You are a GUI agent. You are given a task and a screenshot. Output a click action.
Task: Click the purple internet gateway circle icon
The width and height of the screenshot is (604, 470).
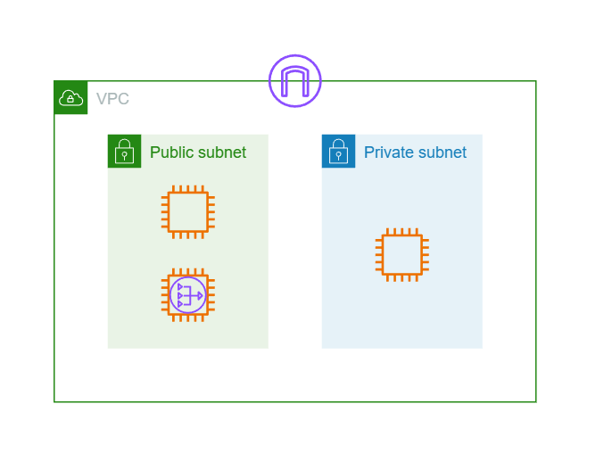[294, 55]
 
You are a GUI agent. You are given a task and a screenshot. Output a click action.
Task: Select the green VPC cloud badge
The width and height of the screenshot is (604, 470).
[70, 97]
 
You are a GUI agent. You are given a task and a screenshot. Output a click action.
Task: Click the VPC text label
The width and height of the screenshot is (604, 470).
[112, 98]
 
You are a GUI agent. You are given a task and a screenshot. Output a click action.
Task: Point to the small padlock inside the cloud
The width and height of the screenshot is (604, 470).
[70, 99]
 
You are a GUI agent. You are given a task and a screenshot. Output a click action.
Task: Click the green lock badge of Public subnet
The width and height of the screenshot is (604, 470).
[124, 151]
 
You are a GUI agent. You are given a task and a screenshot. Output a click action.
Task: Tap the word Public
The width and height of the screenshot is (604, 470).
[171, 153]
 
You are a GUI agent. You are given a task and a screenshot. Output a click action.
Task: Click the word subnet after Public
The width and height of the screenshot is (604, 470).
[221, 152]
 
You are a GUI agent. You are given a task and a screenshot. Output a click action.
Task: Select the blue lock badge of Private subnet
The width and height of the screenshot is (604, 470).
[339, 151]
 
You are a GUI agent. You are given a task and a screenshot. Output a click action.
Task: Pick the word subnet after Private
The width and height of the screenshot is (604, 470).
[443, 152]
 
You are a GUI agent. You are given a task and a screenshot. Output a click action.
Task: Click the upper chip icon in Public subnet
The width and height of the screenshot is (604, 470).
[188, 186]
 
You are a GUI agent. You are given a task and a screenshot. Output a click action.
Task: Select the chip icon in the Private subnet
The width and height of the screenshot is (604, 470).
[402, 229]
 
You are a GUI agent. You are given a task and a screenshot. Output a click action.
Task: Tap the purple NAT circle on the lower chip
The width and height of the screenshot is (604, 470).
[188, 277]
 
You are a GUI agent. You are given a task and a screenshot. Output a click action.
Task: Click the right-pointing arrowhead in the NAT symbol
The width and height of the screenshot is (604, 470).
[200, 295]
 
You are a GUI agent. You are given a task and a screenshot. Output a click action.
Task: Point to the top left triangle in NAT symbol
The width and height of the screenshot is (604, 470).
[180, 287]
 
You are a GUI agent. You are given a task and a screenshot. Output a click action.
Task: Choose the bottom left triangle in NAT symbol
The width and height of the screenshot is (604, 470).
[180, 304]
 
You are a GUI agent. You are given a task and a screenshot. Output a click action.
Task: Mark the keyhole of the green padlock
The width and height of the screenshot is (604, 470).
[124, 156]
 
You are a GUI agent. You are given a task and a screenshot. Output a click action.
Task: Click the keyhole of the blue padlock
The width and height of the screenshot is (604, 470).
[339, 156]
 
